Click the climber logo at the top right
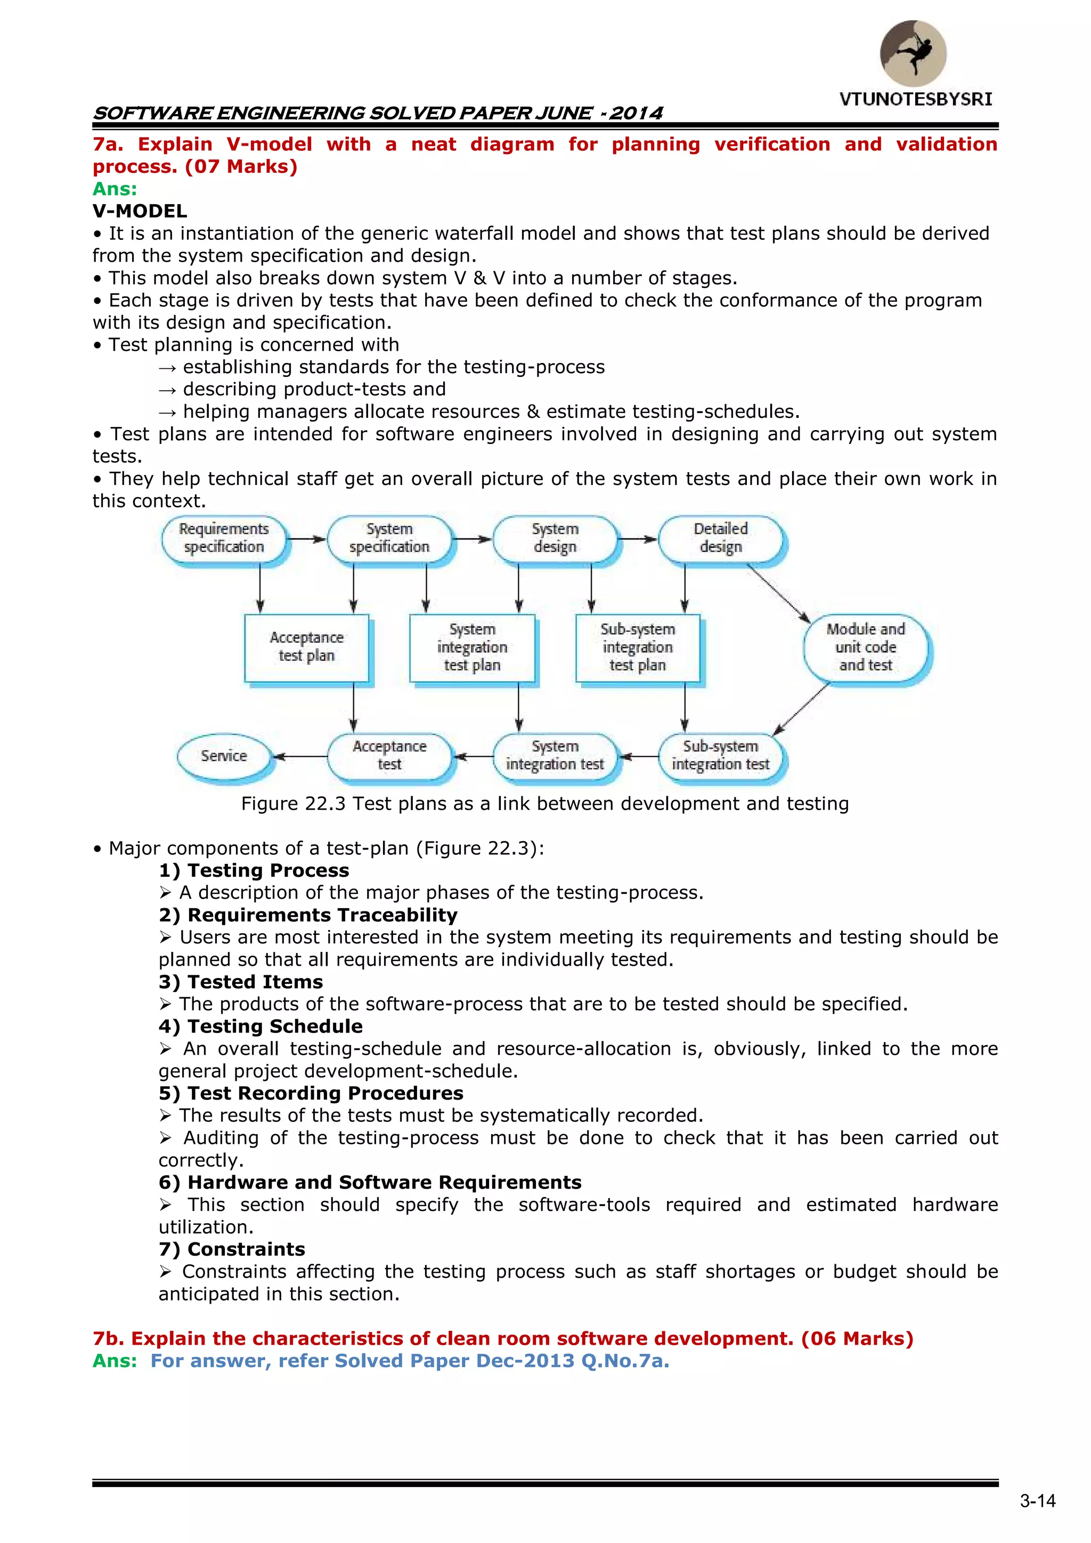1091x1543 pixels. [x=913, y=53]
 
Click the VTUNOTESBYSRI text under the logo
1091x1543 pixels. [x=915, y=100]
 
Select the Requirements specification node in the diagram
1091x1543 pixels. [x=224, y=538]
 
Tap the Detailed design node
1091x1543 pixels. [x=720, y=538]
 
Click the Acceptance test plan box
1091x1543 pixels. [x=306, y=647]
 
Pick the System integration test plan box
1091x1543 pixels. [x=473, y=647]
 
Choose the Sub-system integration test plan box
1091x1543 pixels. [x=638, y=647]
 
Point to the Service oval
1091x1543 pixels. [x=224, y=756]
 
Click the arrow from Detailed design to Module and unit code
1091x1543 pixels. [x=778, y=593]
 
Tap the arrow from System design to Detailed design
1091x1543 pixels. [x=637, y=539]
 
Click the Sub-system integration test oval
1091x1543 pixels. [x=720, y=756]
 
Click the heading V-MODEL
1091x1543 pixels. [x=140, y=211]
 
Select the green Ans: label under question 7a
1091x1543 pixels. [x=114, y=189]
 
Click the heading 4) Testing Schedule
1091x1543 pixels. [x=260, y=1026]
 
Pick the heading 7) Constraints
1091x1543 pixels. [x=232, y=1249]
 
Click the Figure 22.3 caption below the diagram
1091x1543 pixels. [x=545, y=804]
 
